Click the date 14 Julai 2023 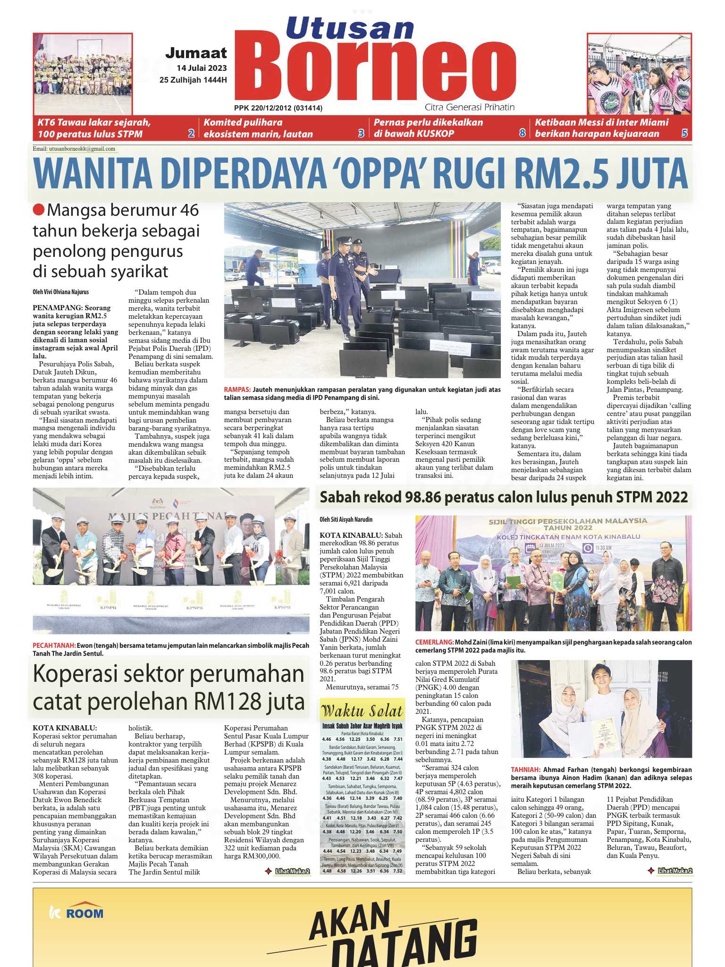pos(202,68)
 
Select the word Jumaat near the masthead pos(196,52)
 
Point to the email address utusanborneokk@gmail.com pos(82,149)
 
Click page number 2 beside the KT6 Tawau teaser pos(191,134)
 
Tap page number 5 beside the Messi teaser pos(684,134)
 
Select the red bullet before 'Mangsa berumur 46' pos(38,210)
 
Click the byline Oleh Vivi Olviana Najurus pos(60,292)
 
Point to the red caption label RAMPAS pos(237,390)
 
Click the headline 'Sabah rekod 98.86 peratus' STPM pos(504,497)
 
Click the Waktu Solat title pos(362,711)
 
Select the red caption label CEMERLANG pos(434,642)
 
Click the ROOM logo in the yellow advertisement pos(77,913)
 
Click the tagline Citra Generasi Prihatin pos(469,107)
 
